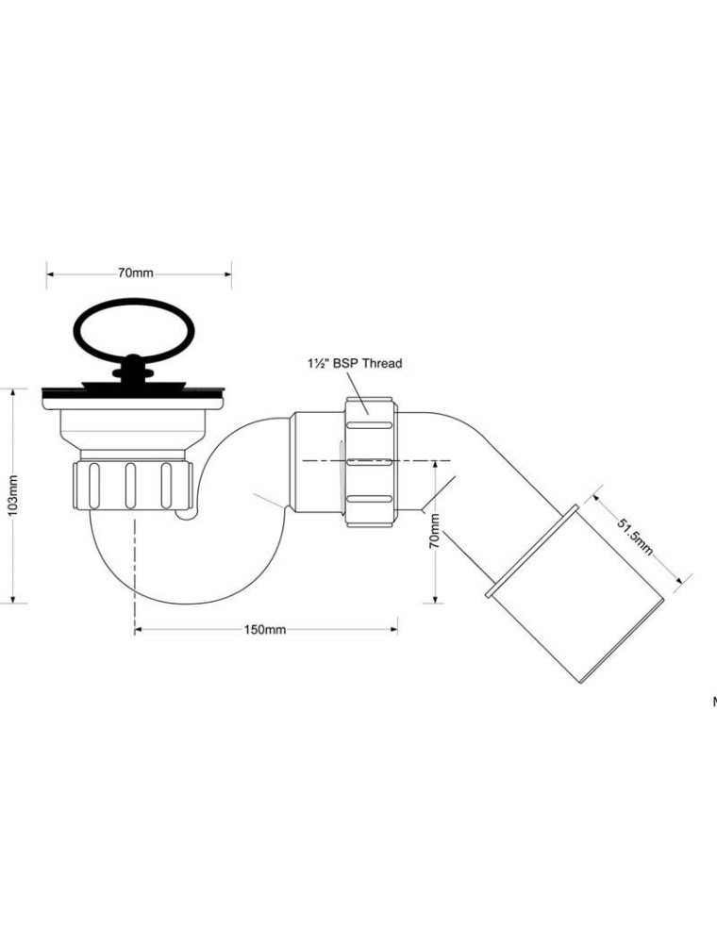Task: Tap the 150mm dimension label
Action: [265, 630]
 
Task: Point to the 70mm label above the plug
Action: [135, 273]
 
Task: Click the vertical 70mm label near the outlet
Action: [434, 530]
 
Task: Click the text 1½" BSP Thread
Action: [355, 363]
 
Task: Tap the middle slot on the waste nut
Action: [130, 486]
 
